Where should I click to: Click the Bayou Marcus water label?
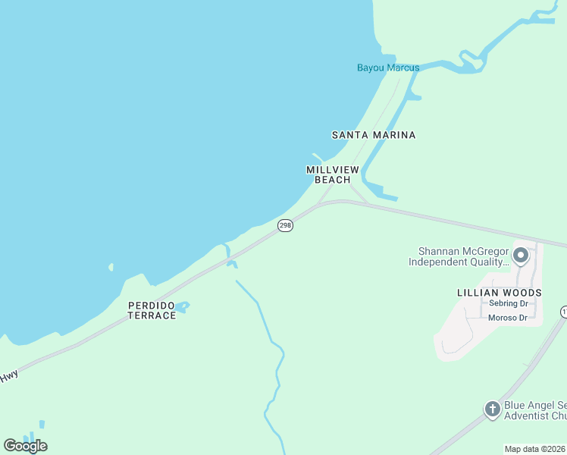pyautogui.click(x=388, y=67)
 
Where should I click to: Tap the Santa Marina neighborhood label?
pyautogui.click(x=374, y=135)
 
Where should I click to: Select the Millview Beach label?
pyautogui.click(x=332, y=174)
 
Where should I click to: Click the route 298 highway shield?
pyautogui.click(x=285, y=226)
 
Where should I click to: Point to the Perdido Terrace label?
pyautogui.click(x=152, y=310)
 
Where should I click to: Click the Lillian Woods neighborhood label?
pyautogui.click(x=500, y=292)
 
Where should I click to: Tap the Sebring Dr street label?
pyautogui.click(x=508, y=303)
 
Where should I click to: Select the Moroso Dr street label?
pyautogui.click(x=508, y=318)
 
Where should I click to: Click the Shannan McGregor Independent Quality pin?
pyautogui.click(x=520, y=256)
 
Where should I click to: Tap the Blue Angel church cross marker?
pyautogui.click(x=493, y=410)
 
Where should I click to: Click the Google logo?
pyautogui.click(x=25, y=445)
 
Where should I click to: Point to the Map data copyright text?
pyautogui.click(x=535, y=449)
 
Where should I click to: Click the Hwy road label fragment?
pyautogui.click(x=8, y=376)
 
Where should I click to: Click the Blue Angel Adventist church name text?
pyautogui.click(x=534, y=410)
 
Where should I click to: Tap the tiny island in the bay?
pyautogui.click(x=111, y=267)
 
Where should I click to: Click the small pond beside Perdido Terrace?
pyautogui.click(x=183, y=306)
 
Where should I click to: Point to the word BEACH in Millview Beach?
pyautogui.click(x=332, y=180)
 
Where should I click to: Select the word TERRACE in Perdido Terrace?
pyautogui.click(x=152, y=315)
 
